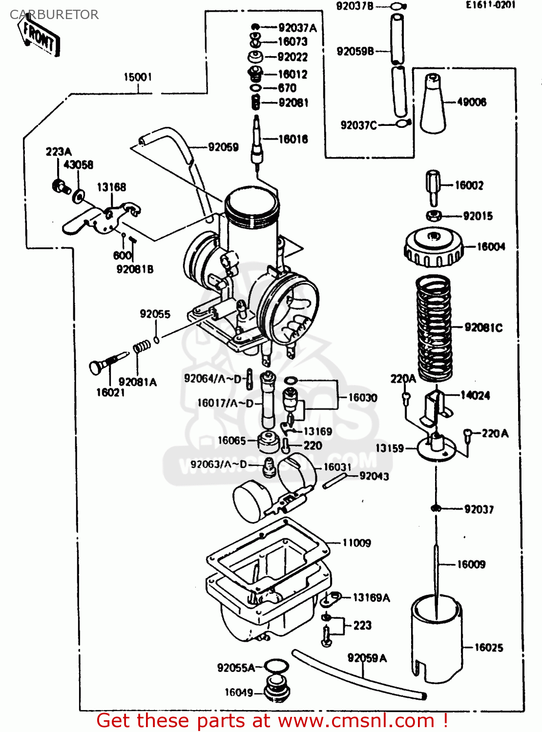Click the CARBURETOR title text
click(x=54, y=15)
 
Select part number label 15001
click(x=138, y=77)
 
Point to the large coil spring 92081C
click(x=434, y=327)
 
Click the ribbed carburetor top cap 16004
click(x=434, y=247)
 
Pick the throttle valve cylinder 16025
click(x=436, y=639)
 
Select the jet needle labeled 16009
click(x=436, y=566)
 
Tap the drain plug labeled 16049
click(x=277, y=688)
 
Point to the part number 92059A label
click(x=367, y=658)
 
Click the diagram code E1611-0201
click(x=490, y=5)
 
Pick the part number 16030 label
click(x=363, y=398)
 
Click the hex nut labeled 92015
click(x=434, y=216)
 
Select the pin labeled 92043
click(x=335, y=480)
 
